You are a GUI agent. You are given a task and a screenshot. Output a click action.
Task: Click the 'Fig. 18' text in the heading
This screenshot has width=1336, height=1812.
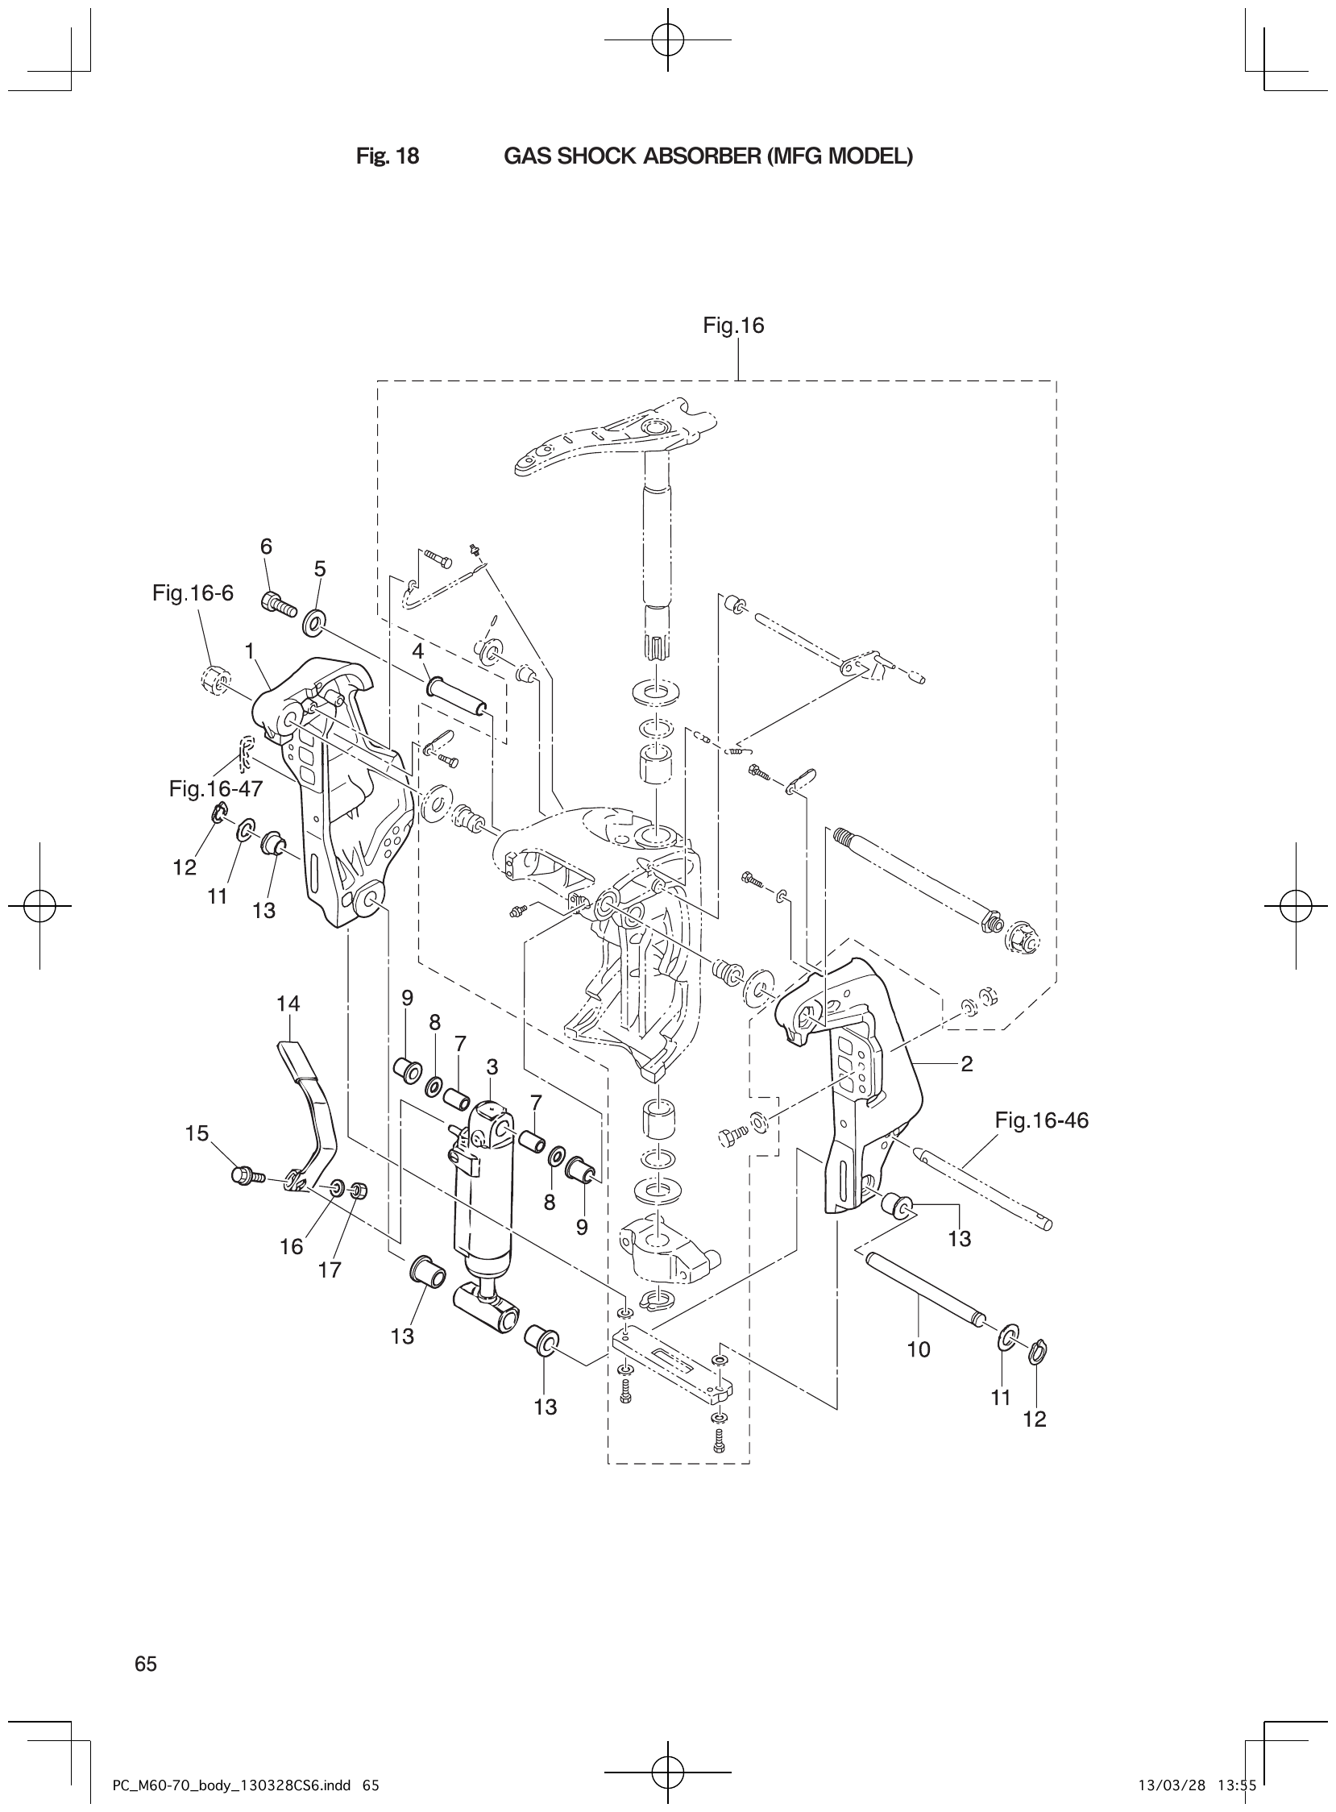point(388,156)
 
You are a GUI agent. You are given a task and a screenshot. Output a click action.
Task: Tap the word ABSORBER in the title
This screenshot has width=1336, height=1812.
point(698,156)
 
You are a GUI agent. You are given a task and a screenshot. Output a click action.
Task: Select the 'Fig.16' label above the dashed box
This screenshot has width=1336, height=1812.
point(733,325)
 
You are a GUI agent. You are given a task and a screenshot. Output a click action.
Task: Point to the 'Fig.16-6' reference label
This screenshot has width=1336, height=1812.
point(193,593)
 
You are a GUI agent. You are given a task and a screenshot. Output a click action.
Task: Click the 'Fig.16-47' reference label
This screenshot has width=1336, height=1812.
point(210,788)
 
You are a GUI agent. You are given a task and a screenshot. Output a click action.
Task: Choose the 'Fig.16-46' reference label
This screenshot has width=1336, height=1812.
point(1042,1120)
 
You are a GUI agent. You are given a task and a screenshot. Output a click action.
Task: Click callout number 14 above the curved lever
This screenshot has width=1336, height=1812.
point(288,1004)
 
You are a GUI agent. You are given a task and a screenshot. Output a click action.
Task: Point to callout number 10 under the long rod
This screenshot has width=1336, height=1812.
point(919,1349)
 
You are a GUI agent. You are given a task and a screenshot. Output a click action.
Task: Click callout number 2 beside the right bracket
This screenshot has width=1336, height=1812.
point(966,1064)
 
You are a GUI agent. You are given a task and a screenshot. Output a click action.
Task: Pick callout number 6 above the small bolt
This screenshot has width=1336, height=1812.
point(266,546)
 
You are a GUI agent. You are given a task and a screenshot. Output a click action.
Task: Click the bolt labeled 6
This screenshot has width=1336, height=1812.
point(277,604)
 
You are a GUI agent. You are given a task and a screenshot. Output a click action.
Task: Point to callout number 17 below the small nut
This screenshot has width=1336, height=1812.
point(329,1270)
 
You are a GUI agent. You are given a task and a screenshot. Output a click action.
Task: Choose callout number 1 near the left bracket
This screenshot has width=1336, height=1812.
point(250,650)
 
